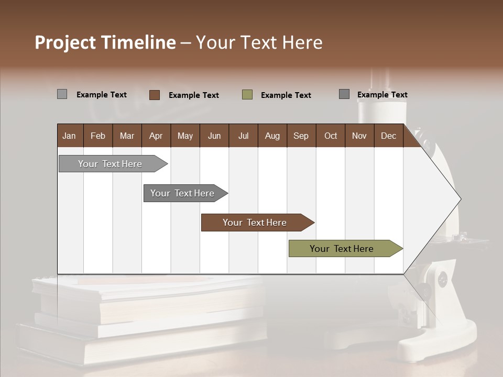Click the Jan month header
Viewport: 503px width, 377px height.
(69, 136)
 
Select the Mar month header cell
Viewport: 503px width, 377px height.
(127, 136)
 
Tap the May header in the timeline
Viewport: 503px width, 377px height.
(185, 136)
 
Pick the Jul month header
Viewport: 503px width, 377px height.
(243, 136)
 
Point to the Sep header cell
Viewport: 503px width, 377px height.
(301, 136)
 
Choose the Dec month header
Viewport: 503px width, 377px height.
(388, 136)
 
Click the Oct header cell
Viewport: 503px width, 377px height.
(331, 136)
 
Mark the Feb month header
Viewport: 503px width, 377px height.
(98, 136)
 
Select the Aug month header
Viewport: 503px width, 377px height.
(272, 136)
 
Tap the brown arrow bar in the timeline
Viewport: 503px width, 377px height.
(256, 223)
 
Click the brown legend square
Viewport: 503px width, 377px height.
(155, 95)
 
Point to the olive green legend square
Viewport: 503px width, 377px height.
(247, 95)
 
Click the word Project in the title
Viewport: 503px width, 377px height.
(64, 42)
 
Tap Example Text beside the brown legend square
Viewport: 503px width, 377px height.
(194, 95)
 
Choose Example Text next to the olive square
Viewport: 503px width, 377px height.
(286, 95)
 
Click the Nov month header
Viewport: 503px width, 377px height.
(359, 136)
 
